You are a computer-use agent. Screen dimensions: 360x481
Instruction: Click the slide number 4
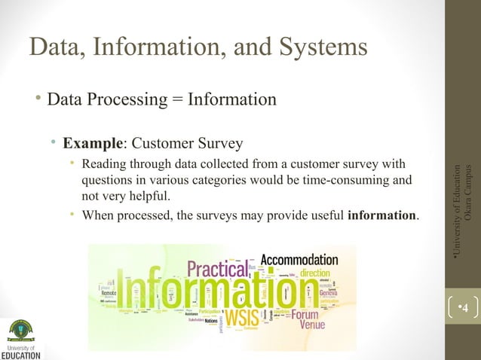click(x=464, y=307)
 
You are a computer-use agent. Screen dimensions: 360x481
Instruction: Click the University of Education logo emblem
click(x=21, y=330)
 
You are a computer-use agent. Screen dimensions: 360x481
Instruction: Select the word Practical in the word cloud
click(x=217, y=268)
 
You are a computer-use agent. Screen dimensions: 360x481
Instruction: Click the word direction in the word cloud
click(x=320, y=273)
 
